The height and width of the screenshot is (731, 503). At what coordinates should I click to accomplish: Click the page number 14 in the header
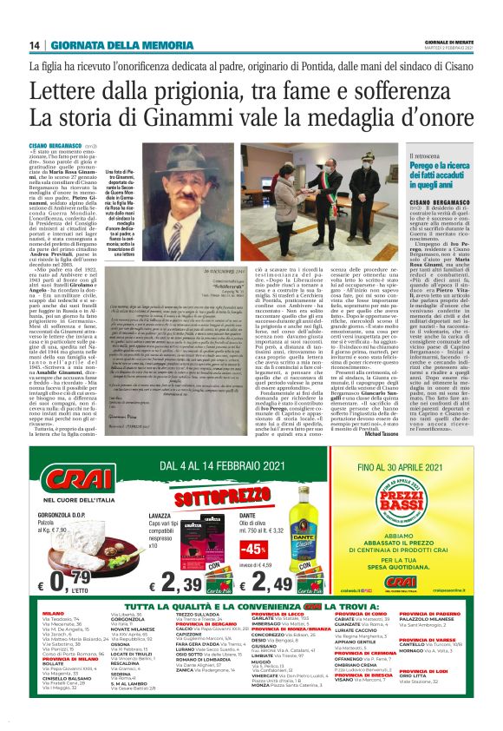pyautogui.click(x=35, y=45)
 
